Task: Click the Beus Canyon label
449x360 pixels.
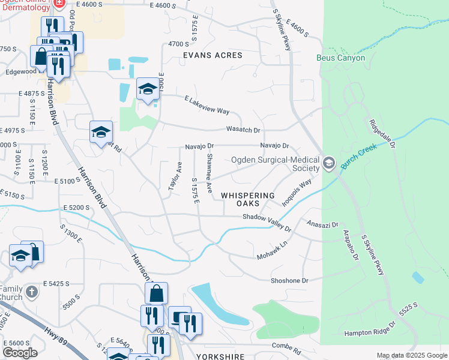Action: click(x=340, y=58)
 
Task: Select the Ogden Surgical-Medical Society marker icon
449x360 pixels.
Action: click(x=328, y=163)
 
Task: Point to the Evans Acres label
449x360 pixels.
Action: click(x=212, y=55)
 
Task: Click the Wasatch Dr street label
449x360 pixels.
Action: click(x=243, y=130)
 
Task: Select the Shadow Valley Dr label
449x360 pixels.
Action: click(x=267, y=223)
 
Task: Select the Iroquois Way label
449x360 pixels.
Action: click(x=298, y=187)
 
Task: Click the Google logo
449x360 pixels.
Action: click(x=20, y=353)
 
